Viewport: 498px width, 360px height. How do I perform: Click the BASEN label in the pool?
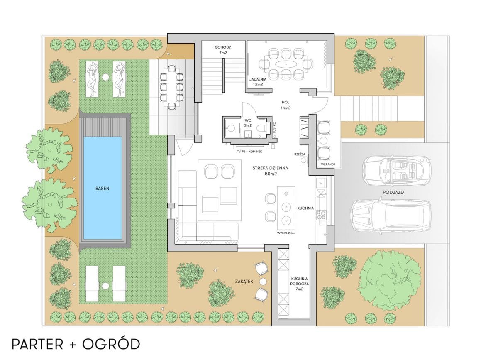click(x=102, y=189)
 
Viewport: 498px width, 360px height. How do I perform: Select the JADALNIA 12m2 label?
click(x=258, y=82)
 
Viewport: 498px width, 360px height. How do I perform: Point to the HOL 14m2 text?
click(x=286, y=105)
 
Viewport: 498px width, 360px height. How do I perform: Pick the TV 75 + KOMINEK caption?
click(x=249, y=152)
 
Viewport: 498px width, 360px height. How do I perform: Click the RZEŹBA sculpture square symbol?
click(x=303, y=160)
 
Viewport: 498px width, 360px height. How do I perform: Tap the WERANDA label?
click(x=328, y=164)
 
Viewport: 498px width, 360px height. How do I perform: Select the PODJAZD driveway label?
click(x=393, y=192)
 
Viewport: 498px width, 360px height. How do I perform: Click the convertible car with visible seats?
click(x=397, y=171)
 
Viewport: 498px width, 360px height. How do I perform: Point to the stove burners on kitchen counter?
click(x=322, y=215)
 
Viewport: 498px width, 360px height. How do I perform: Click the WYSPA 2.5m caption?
click(x=286, y=233)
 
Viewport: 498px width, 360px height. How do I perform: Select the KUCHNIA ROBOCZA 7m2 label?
click(x=299, y=284)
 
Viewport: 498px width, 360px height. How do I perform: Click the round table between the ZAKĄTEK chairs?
click(x=263, y=282)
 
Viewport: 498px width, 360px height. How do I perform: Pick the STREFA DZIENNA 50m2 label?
click(x=270, y=171)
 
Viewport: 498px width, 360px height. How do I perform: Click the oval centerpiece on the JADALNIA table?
click(x=286, y=64)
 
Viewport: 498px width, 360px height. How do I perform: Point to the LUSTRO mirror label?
click(x=274, y=127)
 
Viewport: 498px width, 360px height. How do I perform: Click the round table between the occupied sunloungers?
click(x=105, y=77)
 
